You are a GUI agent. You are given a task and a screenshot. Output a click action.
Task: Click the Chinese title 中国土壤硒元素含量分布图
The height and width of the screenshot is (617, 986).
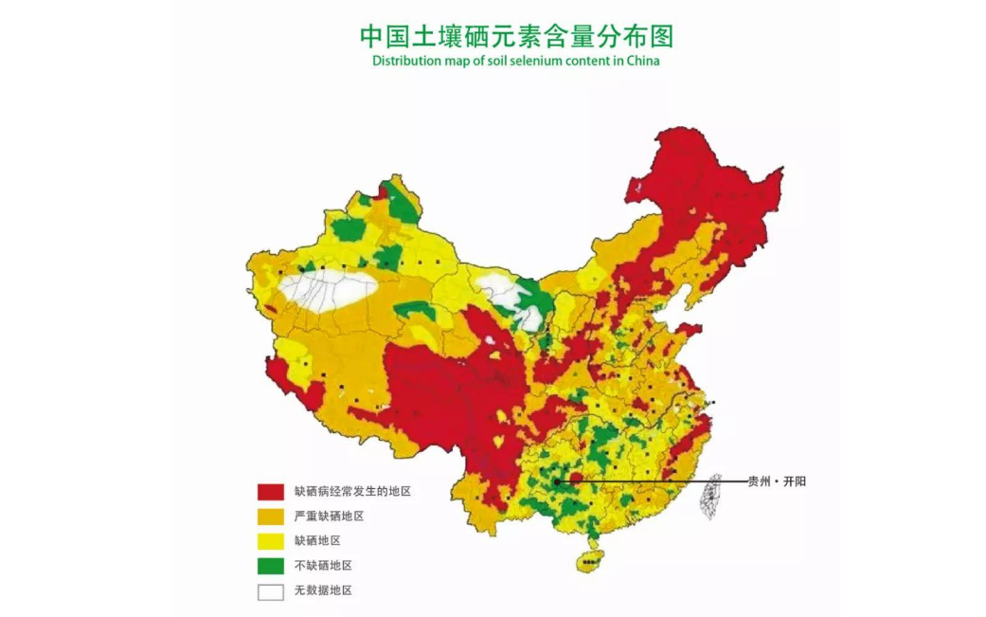[515, 36]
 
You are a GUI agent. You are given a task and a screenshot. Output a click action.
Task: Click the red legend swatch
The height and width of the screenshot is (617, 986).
[271, 492]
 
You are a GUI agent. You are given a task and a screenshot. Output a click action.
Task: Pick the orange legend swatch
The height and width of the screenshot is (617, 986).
[271, 517]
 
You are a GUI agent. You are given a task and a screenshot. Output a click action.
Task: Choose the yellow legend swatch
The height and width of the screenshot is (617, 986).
[271, 541]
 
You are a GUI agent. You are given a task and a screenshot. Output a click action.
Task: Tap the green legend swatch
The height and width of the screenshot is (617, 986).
[271, 566]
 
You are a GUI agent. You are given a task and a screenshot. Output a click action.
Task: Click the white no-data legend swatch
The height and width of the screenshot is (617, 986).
[271, 590]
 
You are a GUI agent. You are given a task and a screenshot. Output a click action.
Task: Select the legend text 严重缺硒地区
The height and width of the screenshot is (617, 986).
[329, 516]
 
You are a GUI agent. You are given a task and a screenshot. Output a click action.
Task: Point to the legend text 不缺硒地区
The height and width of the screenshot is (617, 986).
[323, 565]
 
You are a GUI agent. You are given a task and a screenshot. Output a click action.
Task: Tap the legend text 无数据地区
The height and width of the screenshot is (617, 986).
[323, 590]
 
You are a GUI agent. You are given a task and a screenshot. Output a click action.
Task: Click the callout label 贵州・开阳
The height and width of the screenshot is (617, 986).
[777, 481]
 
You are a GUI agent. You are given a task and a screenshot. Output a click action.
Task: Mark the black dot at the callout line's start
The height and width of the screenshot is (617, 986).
[558, 481]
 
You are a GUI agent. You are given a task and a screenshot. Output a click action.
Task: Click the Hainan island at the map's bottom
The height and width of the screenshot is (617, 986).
[590, 560]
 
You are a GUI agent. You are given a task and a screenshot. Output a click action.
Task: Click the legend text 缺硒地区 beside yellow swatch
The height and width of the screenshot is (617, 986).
[317, 540]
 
